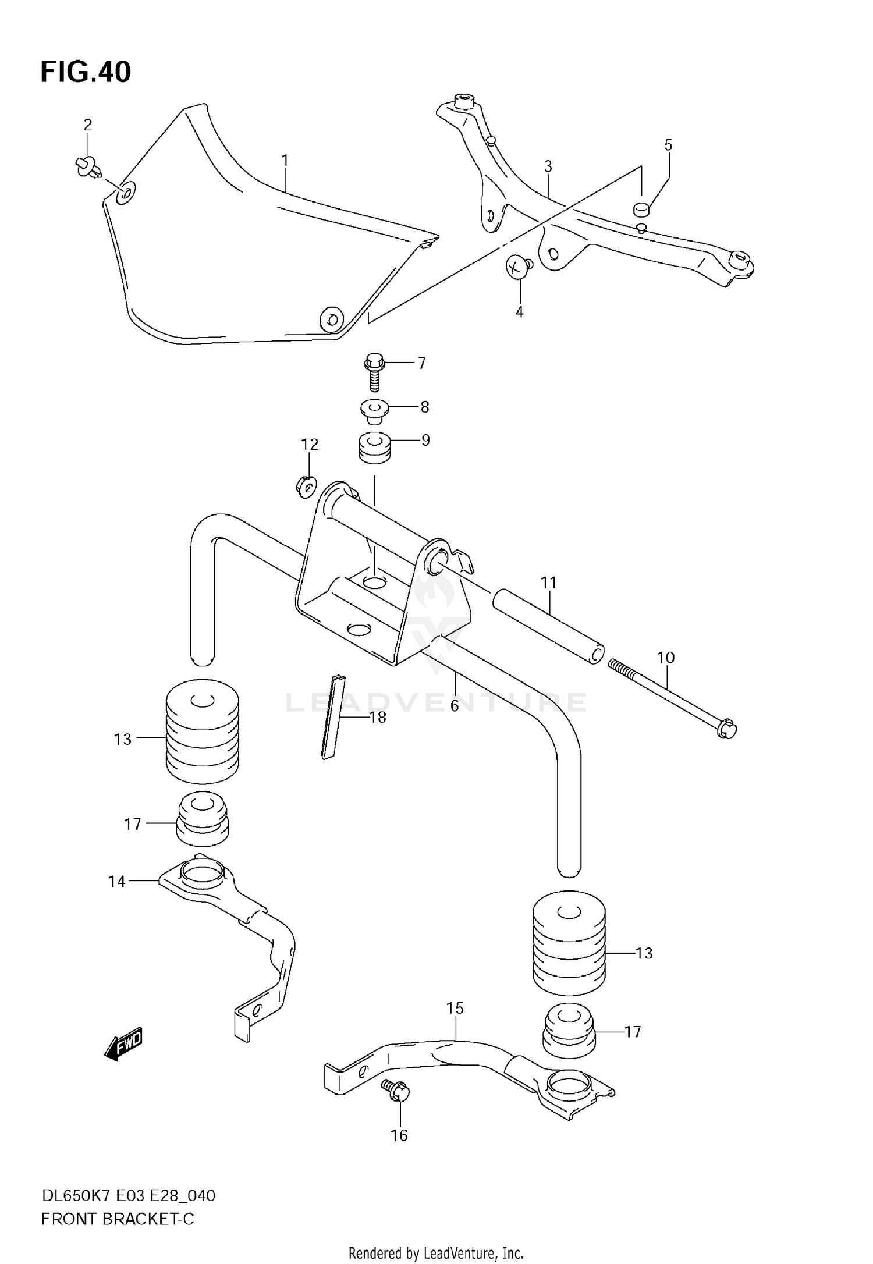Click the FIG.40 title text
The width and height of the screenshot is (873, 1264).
tap(86, 72)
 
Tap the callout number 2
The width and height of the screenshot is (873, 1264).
tap(87, 125)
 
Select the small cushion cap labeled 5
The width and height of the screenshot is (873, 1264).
tap(641, 208)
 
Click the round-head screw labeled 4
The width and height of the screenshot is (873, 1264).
tap(517, 267)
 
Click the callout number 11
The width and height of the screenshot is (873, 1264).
tap(548, 583)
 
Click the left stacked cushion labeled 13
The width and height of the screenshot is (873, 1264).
tap(202, 731)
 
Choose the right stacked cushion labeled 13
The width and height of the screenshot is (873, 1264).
tap(569, 943)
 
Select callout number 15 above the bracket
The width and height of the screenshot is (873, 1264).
tap(455, 1008)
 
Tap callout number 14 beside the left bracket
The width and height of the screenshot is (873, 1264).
tap(116, 882)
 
